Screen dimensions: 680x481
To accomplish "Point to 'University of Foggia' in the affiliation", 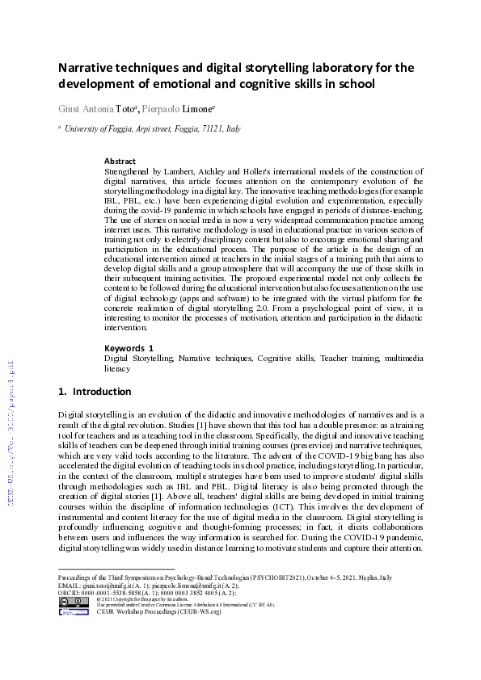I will click(x=101, y=128).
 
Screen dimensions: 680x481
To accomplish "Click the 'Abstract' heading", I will click(x=120, y=162).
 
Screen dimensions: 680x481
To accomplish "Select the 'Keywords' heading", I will click(x=125, y=348).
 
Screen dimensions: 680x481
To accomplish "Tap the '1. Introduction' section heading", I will click(x=95, y=392).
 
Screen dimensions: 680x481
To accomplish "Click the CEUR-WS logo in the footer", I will click(x=74, y=611).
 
